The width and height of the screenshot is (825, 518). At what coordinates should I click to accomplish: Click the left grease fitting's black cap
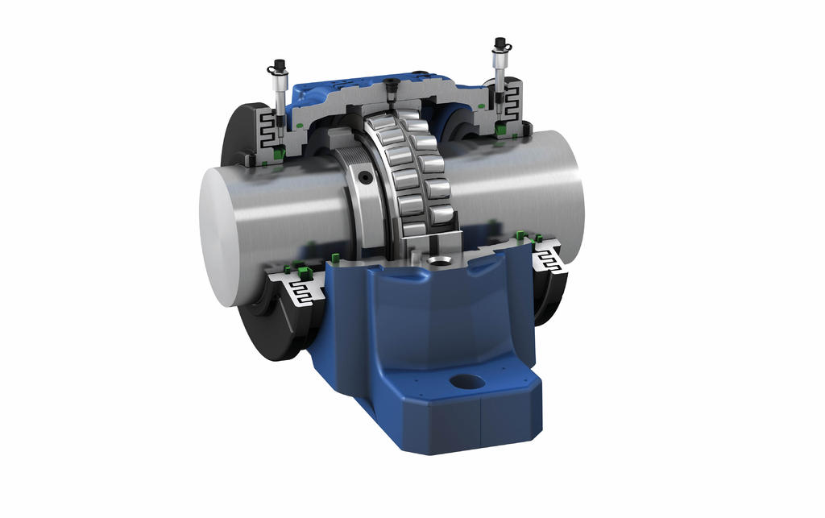[x=280, y=64]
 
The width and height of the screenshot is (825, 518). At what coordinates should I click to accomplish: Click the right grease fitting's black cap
[x=500, y=43]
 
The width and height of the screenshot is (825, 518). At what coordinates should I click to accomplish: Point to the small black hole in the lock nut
[x=367, y=176]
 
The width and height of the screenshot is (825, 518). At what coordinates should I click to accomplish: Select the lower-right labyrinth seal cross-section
[x=550, y=260]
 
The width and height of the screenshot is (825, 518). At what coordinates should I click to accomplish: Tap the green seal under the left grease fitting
[x=278, y=151]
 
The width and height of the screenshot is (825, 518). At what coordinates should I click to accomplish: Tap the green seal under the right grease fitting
[x=502, y=129]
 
